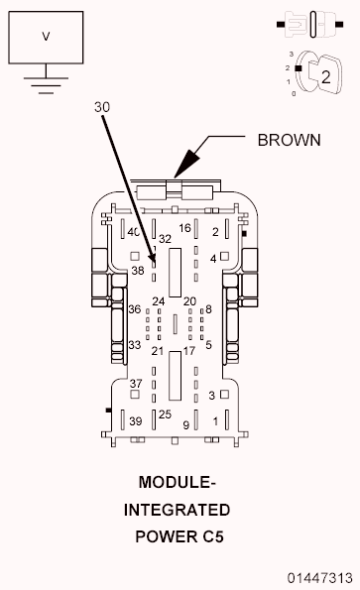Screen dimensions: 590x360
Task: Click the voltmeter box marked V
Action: (45, 37)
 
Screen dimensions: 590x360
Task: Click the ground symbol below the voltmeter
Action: (45, 81)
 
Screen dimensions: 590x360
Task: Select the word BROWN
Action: (289, 139)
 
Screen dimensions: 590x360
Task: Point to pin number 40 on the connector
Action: (133, 232)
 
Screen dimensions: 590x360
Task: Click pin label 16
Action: (184, 228)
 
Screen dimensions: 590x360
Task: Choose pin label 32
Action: (166, 239)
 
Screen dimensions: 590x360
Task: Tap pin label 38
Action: (138, 270)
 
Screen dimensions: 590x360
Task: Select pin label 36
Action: (134, 308)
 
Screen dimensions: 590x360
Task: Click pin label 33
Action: (134, 344)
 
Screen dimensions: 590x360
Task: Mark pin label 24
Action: (158, 300)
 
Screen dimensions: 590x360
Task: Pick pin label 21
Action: (157, 351)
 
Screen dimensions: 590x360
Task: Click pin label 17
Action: (188, 351)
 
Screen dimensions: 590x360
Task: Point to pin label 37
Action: (136, 384)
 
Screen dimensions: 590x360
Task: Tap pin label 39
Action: (136, 421)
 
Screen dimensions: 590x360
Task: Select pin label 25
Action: (165, 413)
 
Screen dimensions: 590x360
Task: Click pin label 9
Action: (185, 424)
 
